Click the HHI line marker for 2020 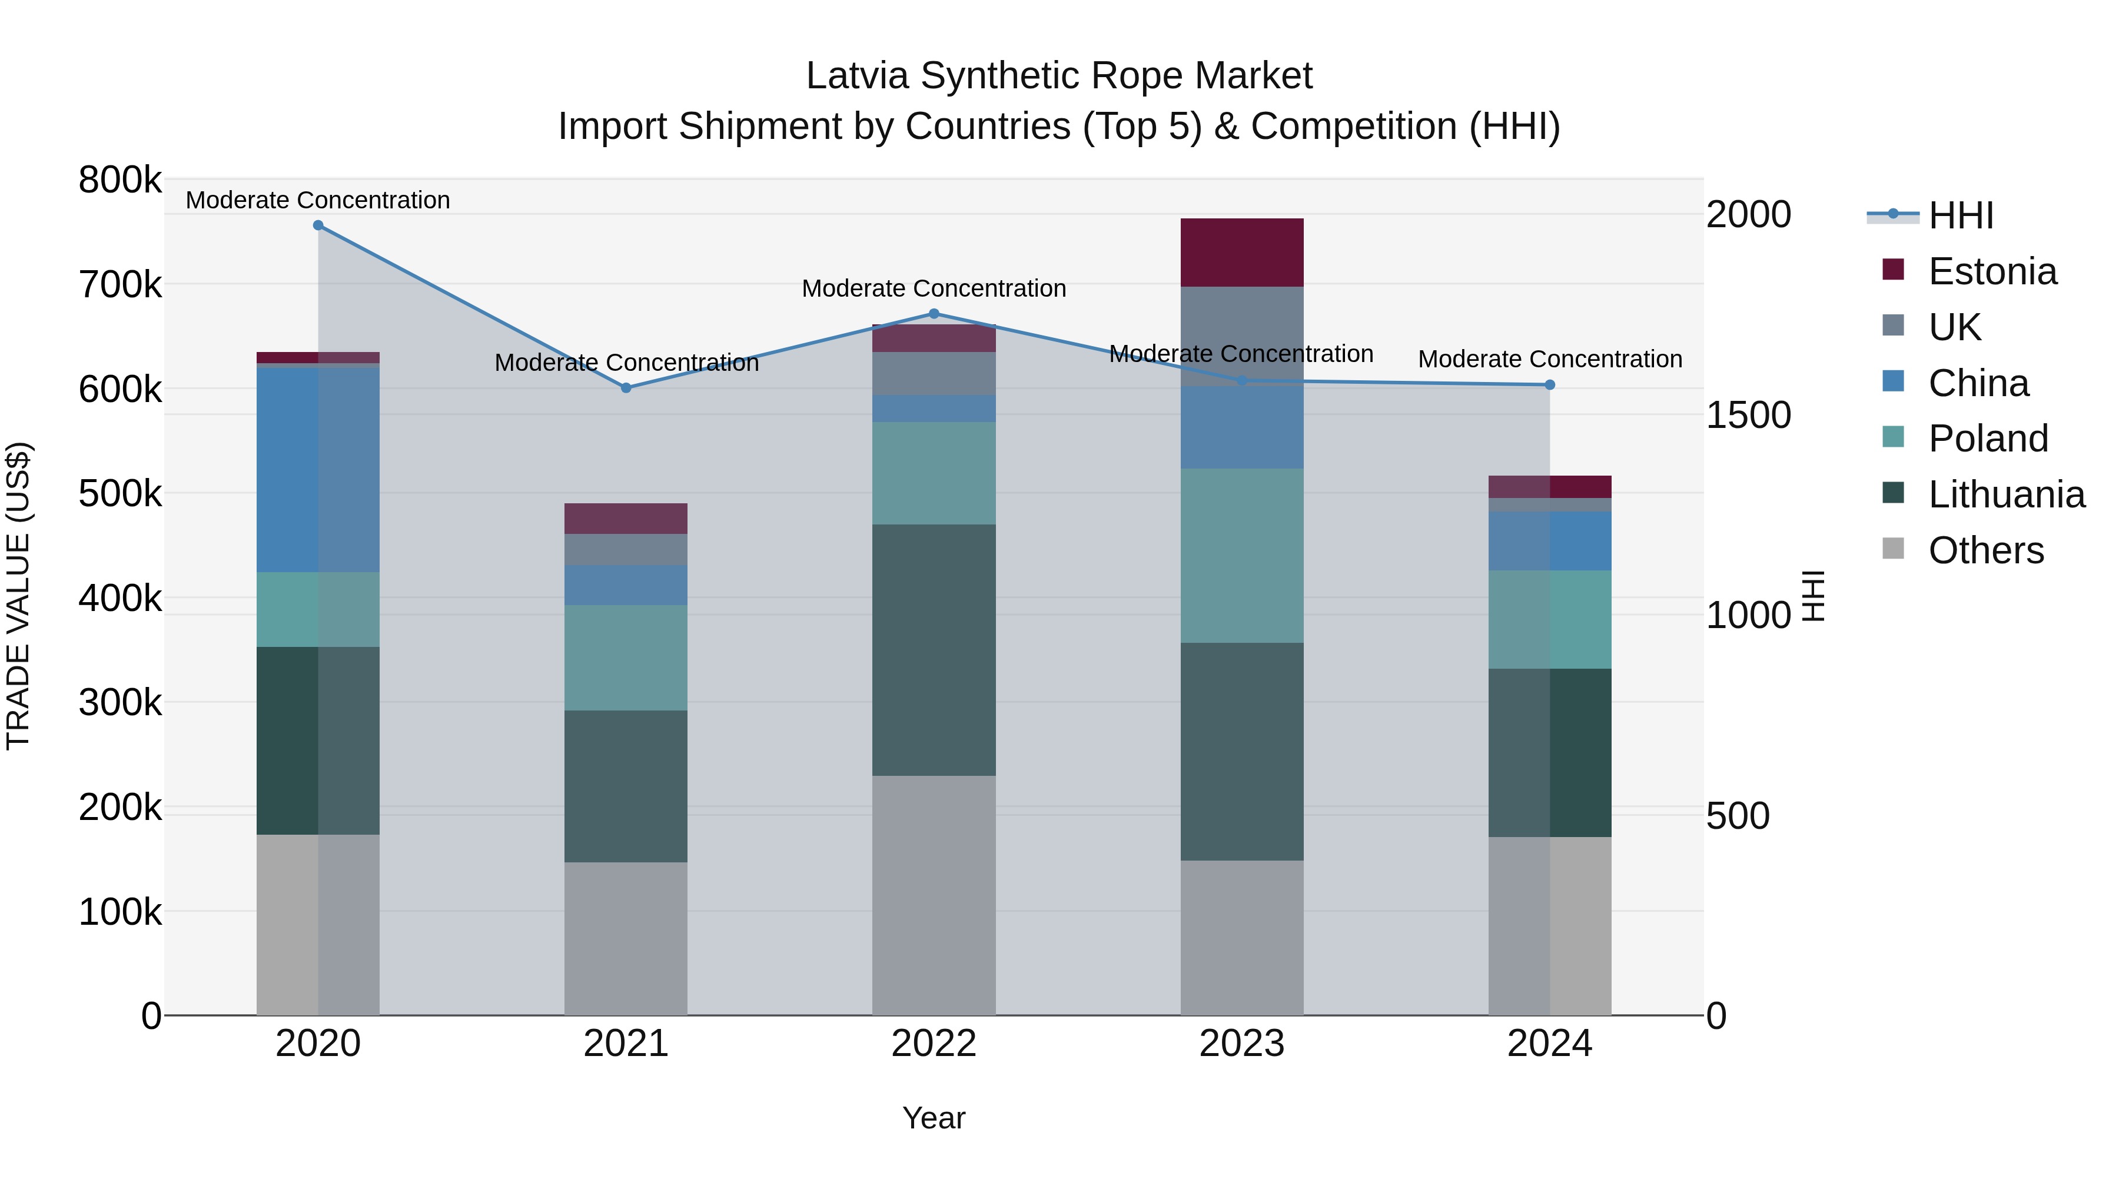pos(318,225)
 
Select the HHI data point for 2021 pos(626,387)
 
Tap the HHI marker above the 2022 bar pos(934,313)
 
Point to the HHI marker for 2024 pos(1550,385)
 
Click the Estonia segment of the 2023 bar pos(1241,253)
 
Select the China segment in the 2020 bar pos(318,469)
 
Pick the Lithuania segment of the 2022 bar pos(934,650)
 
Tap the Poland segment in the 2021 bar pos(626,658)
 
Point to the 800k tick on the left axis pos(120,180)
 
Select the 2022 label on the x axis pos(934,1044)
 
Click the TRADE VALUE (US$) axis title pos(18,596)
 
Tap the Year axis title pos(934,1118)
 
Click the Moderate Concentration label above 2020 pos(318,200)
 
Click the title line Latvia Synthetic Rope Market pos(1059,76)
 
